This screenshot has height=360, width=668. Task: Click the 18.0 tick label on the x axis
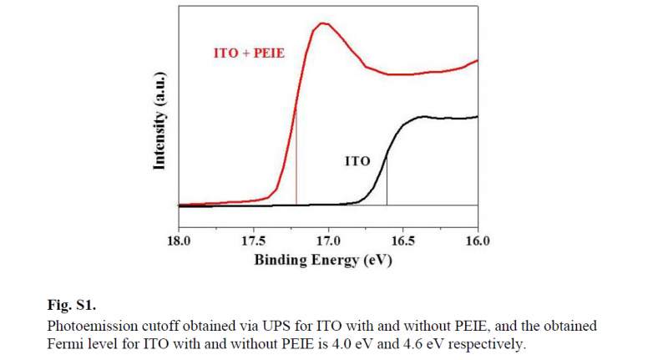pos(180,241)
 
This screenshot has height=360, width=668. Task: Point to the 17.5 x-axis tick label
pos(254,241)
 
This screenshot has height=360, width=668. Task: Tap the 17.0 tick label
pos(328,241)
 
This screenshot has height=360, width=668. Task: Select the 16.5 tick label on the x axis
pos(402,241)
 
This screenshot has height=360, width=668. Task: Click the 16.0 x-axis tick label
pos(477,241)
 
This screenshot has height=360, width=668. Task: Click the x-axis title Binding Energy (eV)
pos(323,260)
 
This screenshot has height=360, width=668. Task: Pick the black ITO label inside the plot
pos(357,161)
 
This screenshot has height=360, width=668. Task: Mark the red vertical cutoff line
pos(296,159)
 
